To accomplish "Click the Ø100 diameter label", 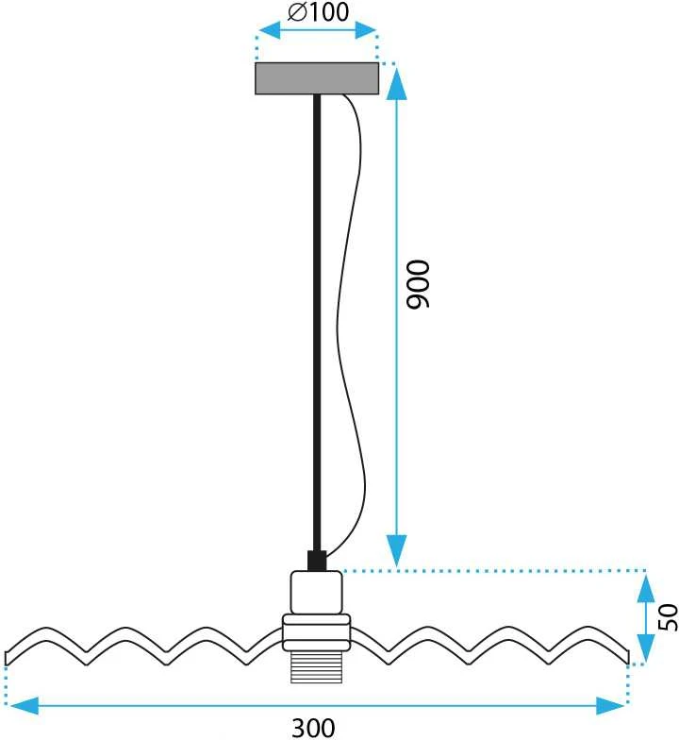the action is pos(319,11).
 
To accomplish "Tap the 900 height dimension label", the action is pos(419,284).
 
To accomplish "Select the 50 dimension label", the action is pos(668,617).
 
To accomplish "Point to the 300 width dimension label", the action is pos(313,729).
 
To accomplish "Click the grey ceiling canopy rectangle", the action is pos(317,78).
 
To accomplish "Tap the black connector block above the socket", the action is pos(317,561).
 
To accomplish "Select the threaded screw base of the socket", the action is pos(317,666).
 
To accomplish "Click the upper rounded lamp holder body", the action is pos(317,593).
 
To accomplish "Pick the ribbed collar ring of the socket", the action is pos(317,632).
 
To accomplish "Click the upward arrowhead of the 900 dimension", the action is pos(396,83).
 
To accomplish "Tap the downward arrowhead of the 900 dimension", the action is pos(396,550).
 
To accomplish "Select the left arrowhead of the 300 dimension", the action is pos(25,706).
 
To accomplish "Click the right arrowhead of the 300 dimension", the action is pos(610,706).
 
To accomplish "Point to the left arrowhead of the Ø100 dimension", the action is pos(270,30).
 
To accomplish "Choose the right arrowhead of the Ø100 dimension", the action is pos(366,30).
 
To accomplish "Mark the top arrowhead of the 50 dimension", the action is pos(646,589).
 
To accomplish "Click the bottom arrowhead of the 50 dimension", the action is pos(646,648).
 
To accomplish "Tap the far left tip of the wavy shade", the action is pos(6,659).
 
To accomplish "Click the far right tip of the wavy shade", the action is pos(628,657).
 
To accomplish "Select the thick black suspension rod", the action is pos(317,323).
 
